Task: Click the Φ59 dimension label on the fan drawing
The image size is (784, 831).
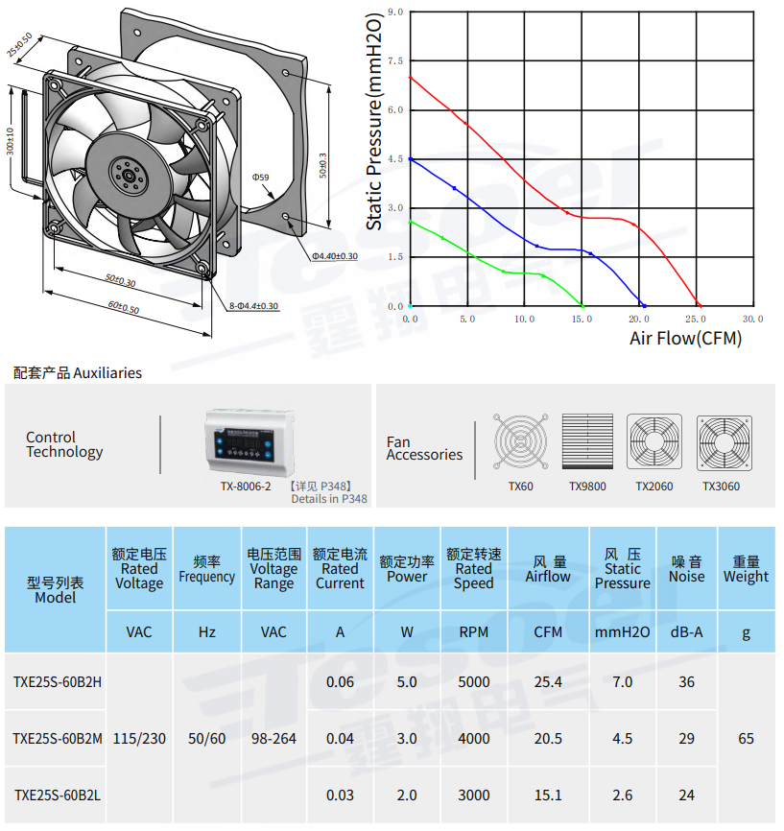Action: pyautogui.click(x=260, y=177)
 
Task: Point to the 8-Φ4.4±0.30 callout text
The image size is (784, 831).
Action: pyautogui.click(x=253, y=306)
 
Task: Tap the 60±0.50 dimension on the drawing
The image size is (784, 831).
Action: pyautogui.click(x=124, y=307)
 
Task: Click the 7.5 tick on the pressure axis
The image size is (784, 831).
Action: pyautogui.click(x=395, y=61)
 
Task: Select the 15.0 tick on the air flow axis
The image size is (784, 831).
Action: pyautogui.click(x=582, y=319)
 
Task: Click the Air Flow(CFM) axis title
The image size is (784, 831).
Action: pyautogui.click(x=685, y=338)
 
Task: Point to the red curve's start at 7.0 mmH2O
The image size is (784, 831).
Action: pyautogui.click(x=411, y=78)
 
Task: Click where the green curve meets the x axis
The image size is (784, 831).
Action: pyautogui.click(x=582, y=306)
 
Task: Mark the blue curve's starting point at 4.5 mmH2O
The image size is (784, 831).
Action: pyautogui.click(x=411, y=159)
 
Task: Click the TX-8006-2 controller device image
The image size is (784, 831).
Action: pyautogui.click(x=249, y=442)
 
